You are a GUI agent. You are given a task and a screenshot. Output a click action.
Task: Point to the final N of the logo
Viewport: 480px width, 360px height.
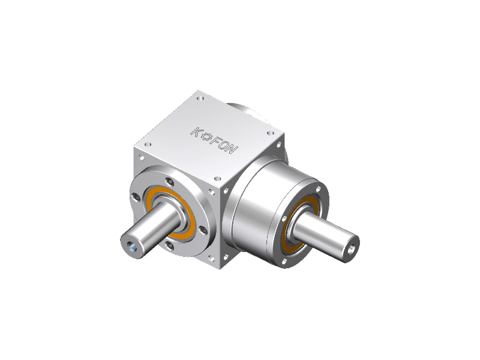click(232, 149)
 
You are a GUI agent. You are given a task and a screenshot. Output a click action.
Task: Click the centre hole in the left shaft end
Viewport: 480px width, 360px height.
click(132, 245)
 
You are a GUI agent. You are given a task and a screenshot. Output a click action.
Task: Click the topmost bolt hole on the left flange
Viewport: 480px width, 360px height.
click(169, 182)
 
